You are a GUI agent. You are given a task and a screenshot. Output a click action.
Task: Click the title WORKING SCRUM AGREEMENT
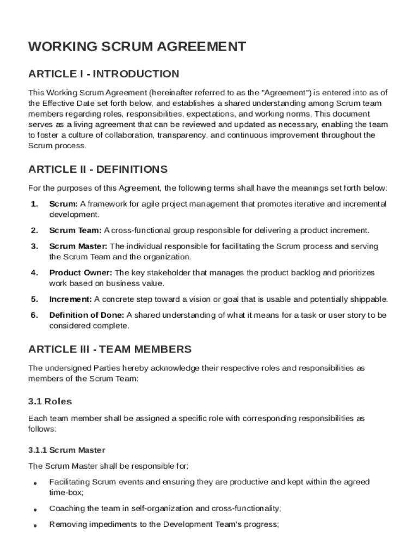click(x=137, y=47)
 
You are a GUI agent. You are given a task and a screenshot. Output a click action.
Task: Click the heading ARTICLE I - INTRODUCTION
click(x=103, y=74)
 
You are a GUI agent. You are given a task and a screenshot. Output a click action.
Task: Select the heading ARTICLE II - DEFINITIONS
click(x=98, y=169)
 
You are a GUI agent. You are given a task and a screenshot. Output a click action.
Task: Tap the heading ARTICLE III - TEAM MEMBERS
click(x=110, y=349)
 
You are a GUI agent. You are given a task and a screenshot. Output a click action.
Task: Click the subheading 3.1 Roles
click(x=50, y=402)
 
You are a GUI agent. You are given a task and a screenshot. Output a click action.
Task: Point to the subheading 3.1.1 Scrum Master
click(x=66, y=450)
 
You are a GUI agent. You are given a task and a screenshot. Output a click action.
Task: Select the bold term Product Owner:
click(x=81, y=272)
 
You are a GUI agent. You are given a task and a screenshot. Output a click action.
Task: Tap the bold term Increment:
click(x=70, y=299)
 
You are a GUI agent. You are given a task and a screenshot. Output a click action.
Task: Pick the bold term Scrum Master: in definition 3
click(x=78, y=246)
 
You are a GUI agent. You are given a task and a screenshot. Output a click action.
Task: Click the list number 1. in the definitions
click(x=34, y=204)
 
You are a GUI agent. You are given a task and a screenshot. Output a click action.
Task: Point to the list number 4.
click(x=34, y=272)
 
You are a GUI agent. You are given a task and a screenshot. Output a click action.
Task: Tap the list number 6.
click(x=34, y=315)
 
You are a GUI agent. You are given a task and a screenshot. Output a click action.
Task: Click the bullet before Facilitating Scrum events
click(x=35, y=483)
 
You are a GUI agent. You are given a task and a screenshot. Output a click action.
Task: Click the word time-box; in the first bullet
click(x=66, y=492)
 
